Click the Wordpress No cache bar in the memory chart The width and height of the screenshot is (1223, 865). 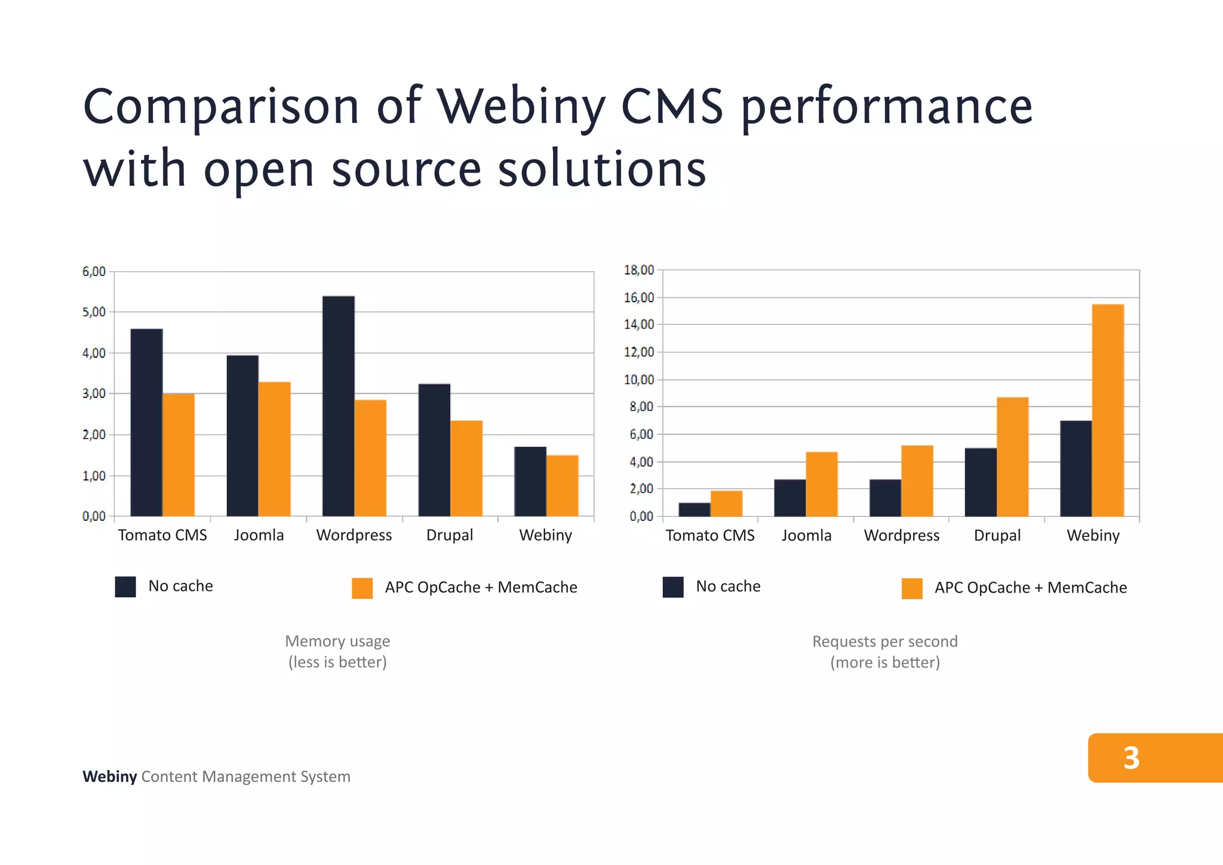point(338,406)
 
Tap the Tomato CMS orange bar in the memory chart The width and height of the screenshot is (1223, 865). point(179,455)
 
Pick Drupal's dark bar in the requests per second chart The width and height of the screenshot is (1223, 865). point(981,482)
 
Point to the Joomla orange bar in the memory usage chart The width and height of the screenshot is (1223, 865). point(274,449)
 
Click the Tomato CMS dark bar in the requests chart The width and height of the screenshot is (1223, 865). point(695,510)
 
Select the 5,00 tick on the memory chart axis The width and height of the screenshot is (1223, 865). point(94,312)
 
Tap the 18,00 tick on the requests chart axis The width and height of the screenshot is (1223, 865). point(639,270)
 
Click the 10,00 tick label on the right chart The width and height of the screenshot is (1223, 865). point(639,379)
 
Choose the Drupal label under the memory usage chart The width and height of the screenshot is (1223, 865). point(449,535)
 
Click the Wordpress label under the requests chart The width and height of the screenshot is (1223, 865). point(901,535)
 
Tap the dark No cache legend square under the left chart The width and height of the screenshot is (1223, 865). point(125,587)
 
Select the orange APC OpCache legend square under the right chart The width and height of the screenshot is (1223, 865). point(912,588)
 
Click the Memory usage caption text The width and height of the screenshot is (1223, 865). point(337,641)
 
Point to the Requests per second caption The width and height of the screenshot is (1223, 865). point(884,642)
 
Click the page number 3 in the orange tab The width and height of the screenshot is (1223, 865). point(1131,757)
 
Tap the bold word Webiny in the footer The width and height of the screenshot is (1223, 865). point(109,777)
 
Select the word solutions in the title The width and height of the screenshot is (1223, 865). point(602,169)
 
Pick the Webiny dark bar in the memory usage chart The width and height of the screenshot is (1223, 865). point(530,481)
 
